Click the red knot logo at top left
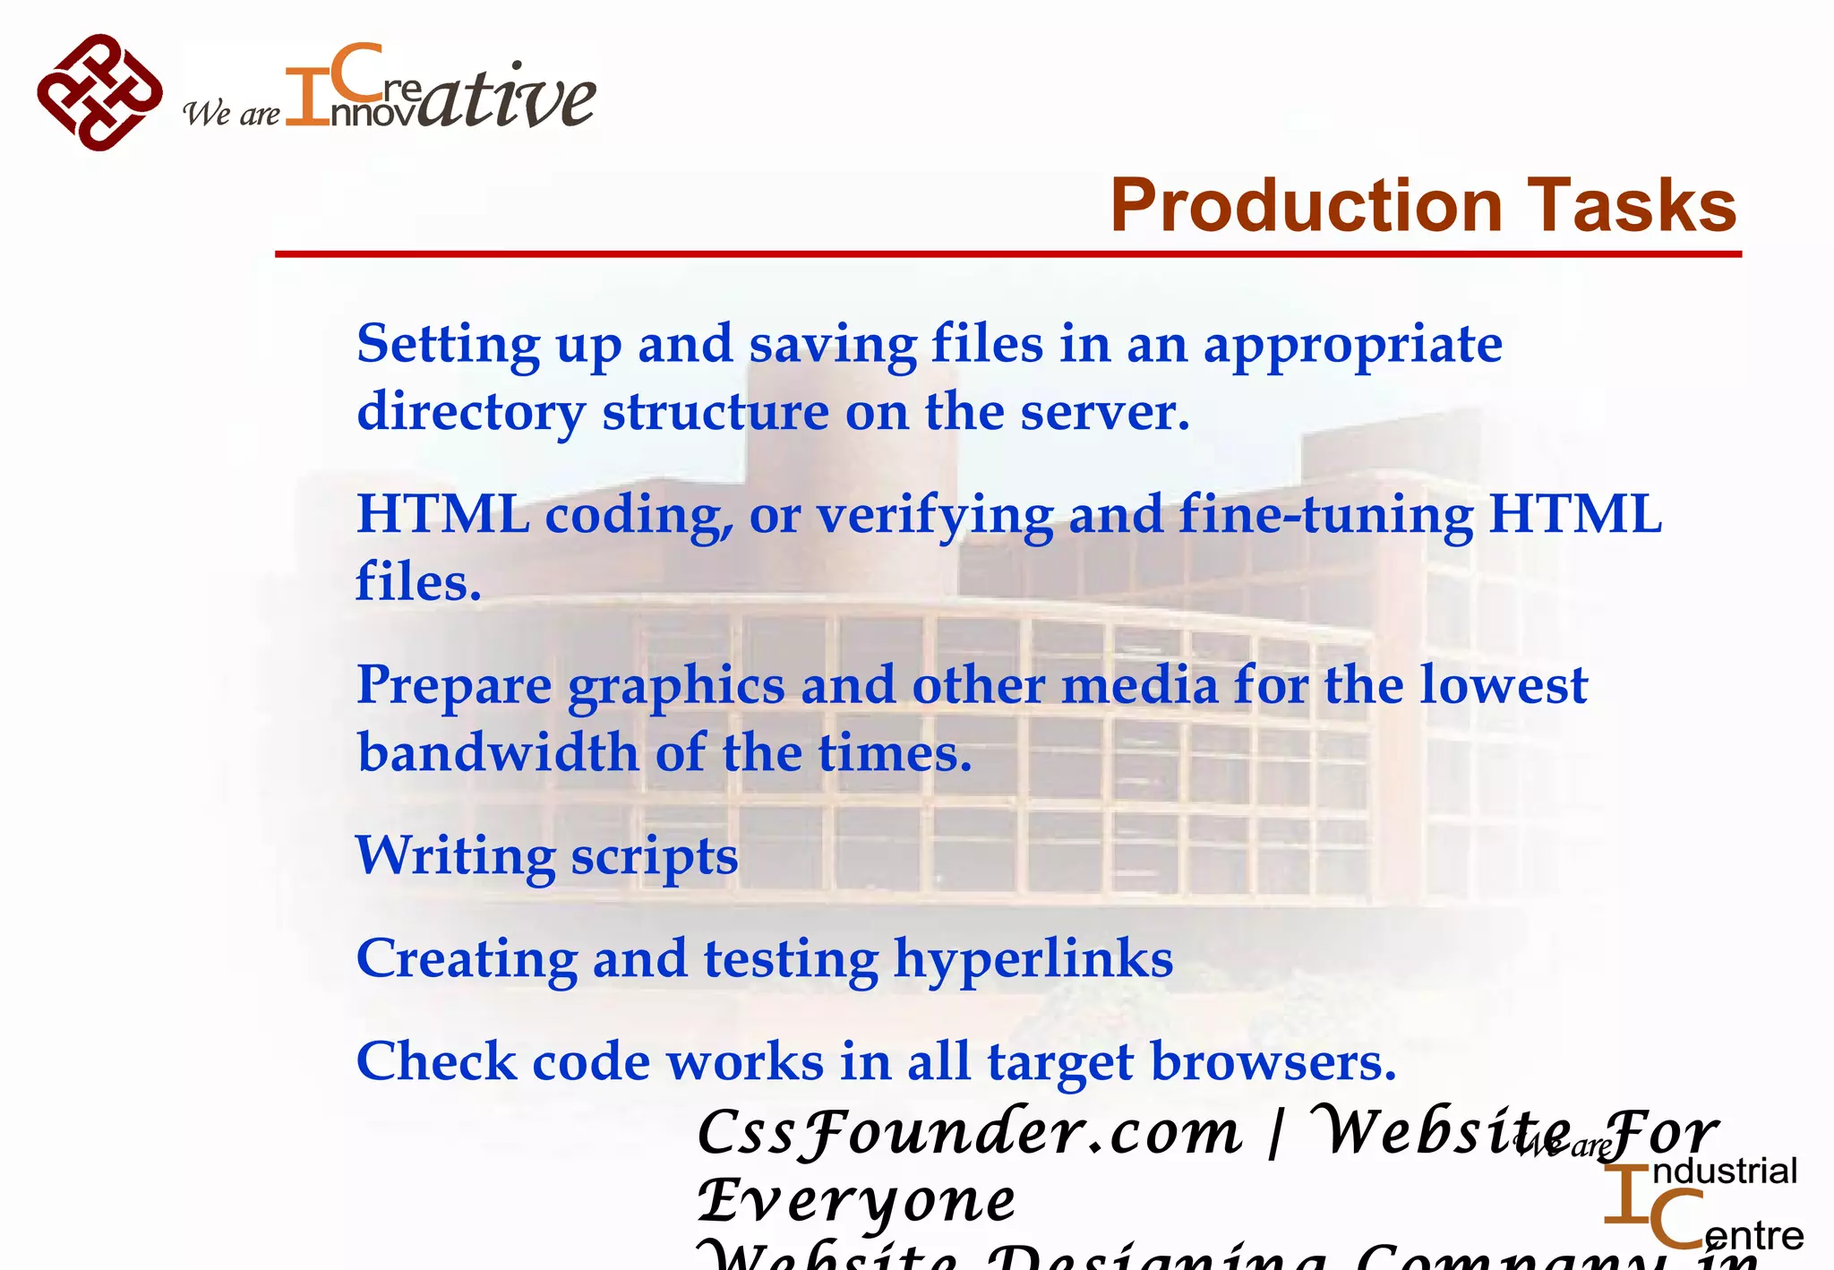(x=99, y=92)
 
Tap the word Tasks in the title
(x=1633, y=205)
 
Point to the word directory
(x=471, y=413)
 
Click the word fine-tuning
(x=1325, y=517)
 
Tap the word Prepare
(x=454, y=687)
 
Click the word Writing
(x=455, y=857)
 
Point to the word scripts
(x=655, y=857)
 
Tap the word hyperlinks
(x=1033, y=960)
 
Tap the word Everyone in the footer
(x=857, y=1201)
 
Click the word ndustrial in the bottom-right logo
(x=1724, y=1171)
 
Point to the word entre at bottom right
(x=1753, y=1236)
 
